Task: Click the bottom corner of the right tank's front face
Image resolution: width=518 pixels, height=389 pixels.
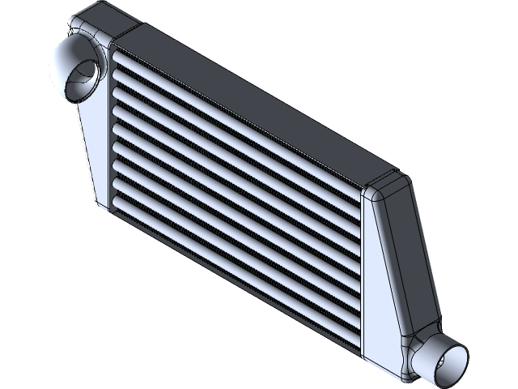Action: tap(374, 360)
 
